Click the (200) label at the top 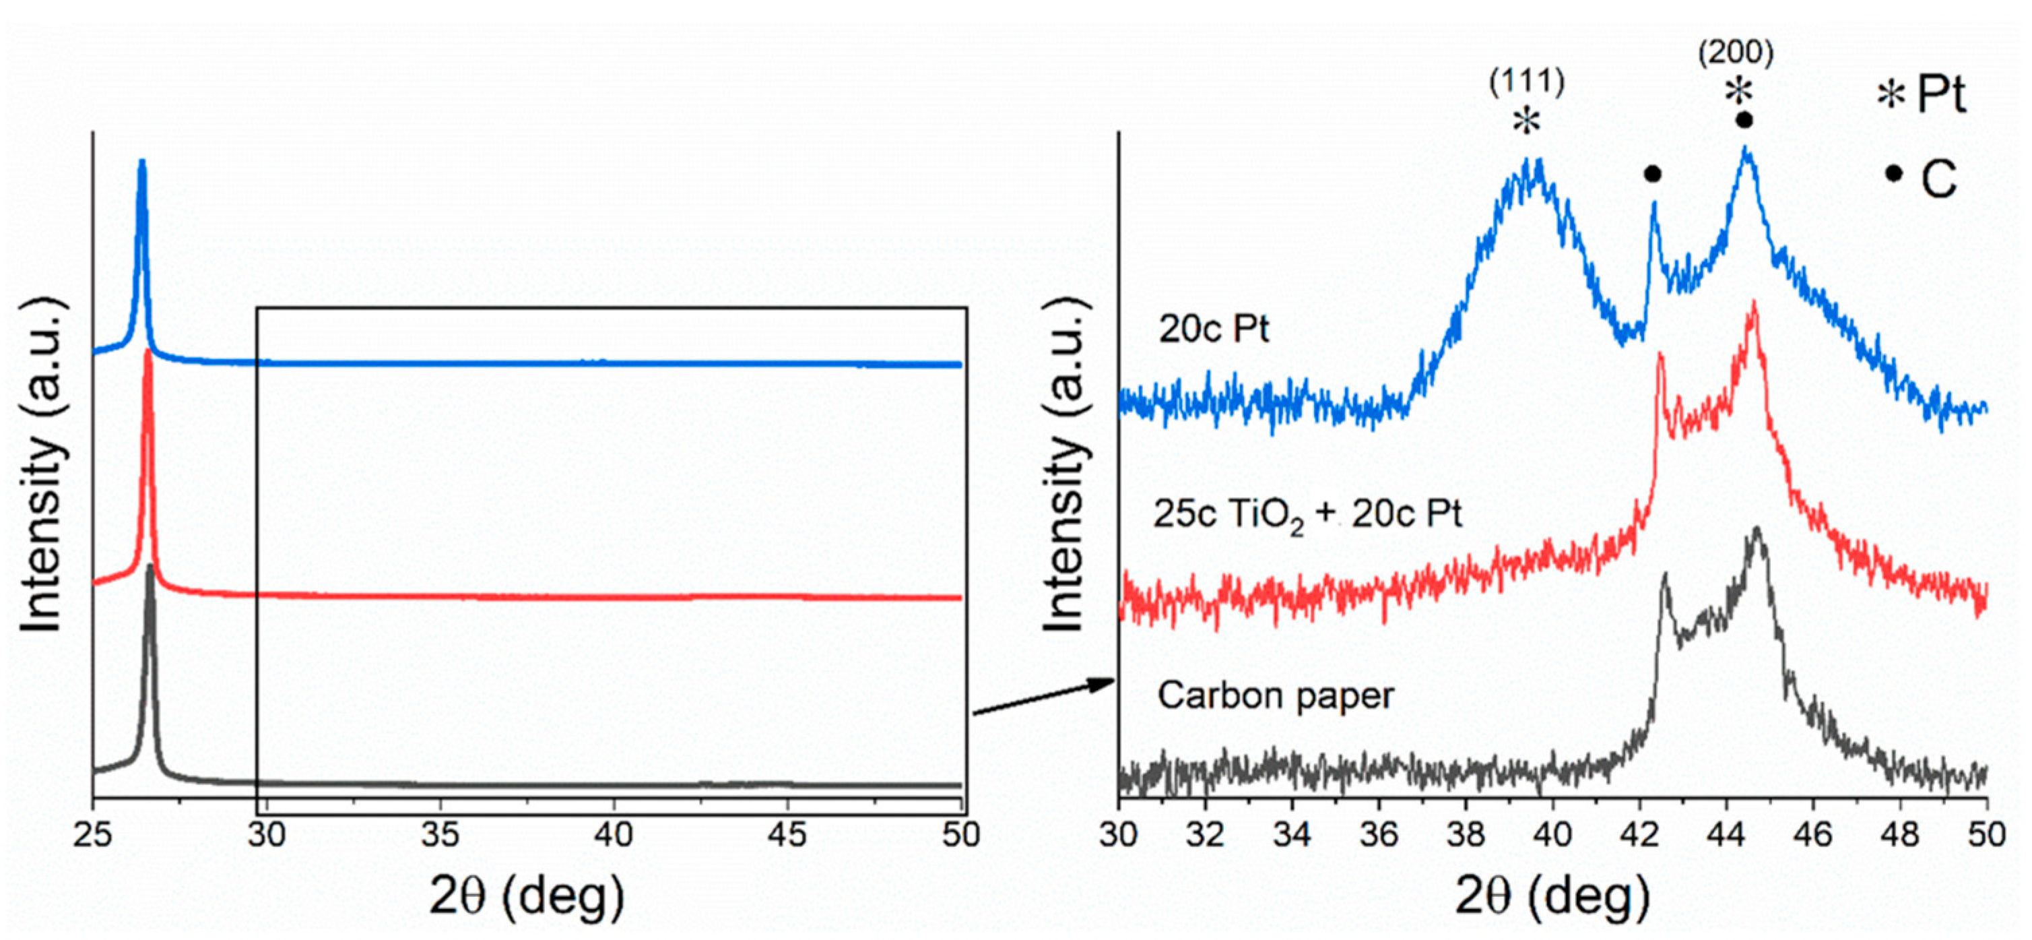tap(1736, 53)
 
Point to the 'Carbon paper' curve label tap(1276, 696)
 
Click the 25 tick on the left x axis tap(94, 834)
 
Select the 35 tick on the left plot tap(440, 834)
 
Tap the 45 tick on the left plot tap(787, 834)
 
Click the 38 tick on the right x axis tap(1466, 834)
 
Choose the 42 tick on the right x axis tap(1640, 834)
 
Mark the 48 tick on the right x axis tap(1900, 834)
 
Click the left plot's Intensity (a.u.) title tap(43, 466)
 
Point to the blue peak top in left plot tap(142, 162)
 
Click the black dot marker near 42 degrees tap(1651, 175)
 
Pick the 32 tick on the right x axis tap(1206, 834)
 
